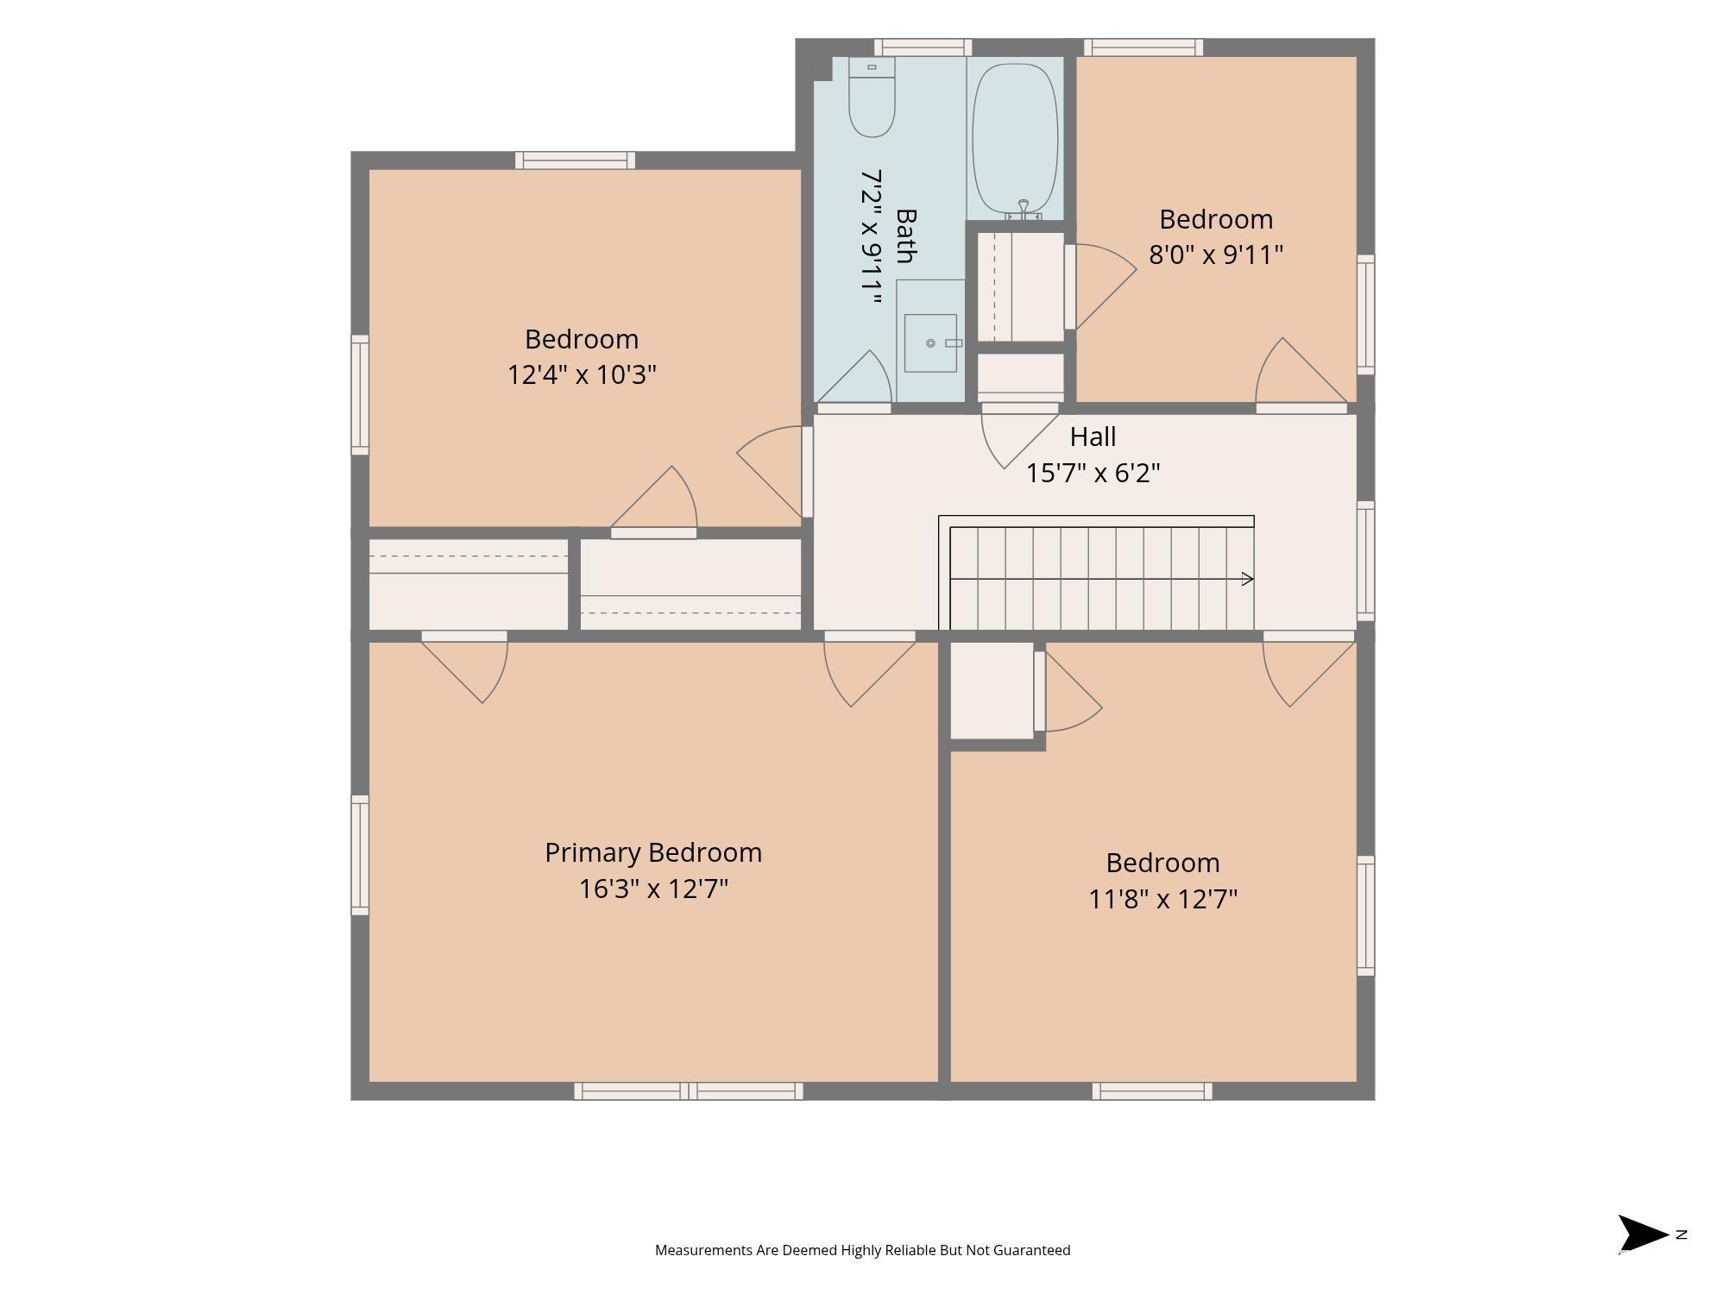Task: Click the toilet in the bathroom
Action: click(x=872, y=97)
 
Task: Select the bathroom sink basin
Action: click(x=930, y=342)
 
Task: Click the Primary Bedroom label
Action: click(x=653, y=852)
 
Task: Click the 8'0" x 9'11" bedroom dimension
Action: click(x=1216, y=254)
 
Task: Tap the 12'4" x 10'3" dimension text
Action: click(x=582, y=374)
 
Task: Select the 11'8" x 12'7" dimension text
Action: click(x=1162, y=899)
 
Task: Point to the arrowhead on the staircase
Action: click(x=1247, y=579)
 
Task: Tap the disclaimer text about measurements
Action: click(x=862, y=1250)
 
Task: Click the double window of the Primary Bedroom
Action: click(x=689, y=1091)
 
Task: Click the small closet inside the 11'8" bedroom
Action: click(x=992, y=690)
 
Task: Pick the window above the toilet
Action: click(x=923, y=47)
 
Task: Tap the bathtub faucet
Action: click(x=1024, y=210)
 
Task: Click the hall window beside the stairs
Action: click(x=1365, y=561)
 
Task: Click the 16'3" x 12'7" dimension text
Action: click(x=653, y=889)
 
